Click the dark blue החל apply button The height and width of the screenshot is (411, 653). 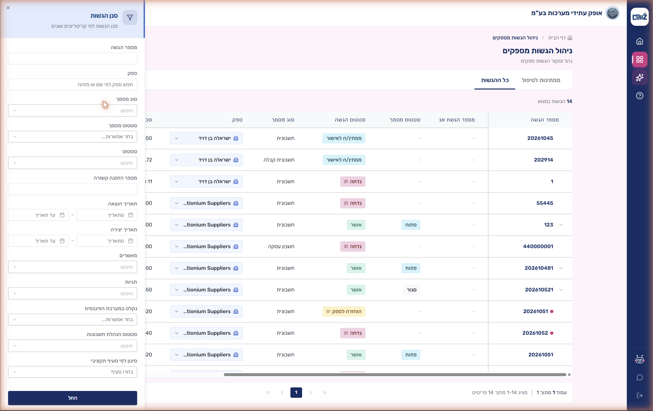point(72,398)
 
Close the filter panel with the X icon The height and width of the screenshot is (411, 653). point(8,8)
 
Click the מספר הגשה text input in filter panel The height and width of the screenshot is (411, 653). point(72,59)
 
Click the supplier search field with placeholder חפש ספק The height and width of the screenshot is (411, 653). point(72,84)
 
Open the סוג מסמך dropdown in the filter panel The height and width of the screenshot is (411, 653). point(72,111)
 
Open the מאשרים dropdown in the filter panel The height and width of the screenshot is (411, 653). point(72,267)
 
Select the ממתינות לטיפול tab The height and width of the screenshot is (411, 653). point(541,80)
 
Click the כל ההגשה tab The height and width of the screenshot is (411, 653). point(495,80)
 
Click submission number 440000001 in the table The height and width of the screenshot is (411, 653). point(538,246)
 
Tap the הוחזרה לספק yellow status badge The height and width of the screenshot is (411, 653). point(344,311)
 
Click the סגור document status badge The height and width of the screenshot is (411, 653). point(412,290)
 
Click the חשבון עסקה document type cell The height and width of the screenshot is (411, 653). point(281,246)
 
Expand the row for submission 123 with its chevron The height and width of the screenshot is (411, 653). point(561,225)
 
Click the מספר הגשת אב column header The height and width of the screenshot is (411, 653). point(457,120)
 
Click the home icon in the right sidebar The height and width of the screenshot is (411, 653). point(639,41)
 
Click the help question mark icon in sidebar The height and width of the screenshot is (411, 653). point(639,96)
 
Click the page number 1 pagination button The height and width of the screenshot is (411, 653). point(296,393)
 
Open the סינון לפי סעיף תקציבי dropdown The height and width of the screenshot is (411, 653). point(72,372)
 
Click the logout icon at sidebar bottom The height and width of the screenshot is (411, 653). point(639,395)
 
